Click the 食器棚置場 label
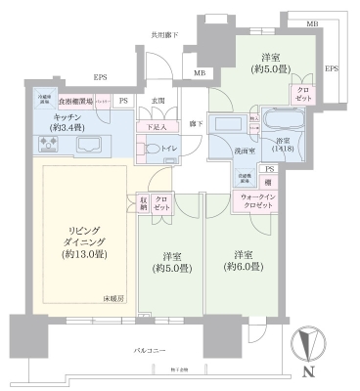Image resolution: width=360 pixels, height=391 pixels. pyautogui.click(x=76, y=101)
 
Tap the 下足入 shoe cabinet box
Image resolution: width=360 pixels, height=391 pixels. pyautogui.click(x=157, y=126)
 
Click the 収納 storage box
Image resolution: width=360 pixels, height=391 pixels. pyautogui.click(x=143, y=202)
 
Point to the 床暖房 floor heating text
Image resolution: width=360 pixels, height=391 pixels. pyautogui.click(x=114, y=297)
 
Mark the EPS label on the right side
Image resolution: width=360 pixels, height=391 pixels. pyautogui.click(x=332, y=68)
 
